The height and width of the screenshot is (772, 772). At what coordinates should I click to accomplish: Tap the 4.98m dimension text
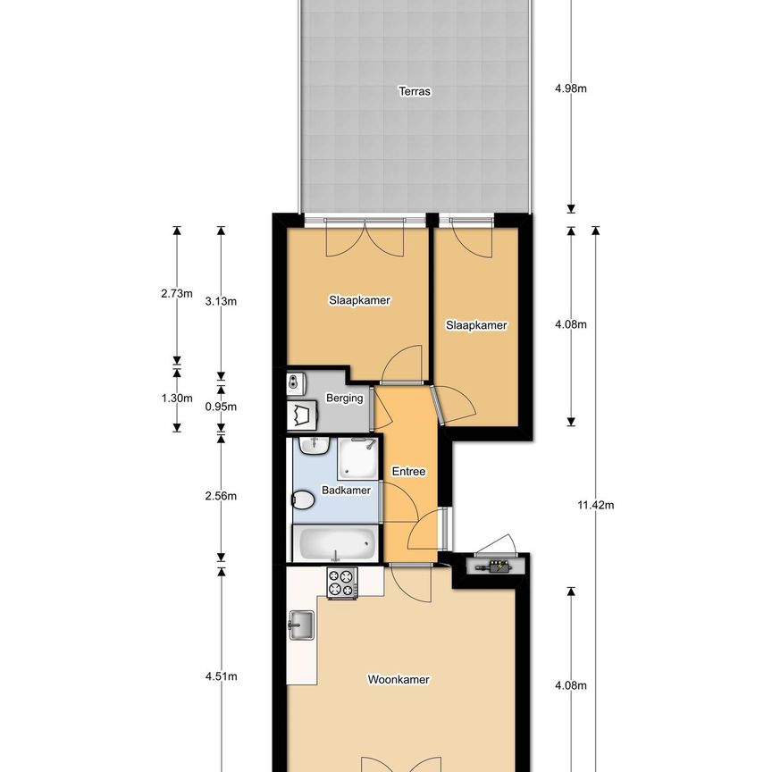tap(570, 88)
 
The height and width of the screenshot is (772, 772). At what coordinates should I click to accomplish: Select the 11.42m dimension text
tap(596, 505)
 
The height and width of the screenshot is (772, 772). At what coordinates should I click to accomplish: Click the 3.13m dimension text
tap(221, 301)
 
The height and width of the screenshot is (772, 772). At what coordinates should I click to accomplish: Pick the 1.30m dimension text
tap(176, 399)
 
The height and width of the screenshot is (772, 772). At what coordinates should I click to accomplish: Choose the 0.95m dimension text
tap(221, 407)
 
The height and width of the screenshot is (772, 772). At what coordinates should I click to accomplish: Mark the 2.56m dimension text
tap(221, 496)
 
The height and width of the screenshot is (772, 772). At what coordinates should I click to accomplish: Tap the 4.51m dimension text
tap(221, 676)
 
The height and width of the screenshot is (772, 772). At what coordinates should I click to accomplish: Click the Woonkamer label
tap(399, 680)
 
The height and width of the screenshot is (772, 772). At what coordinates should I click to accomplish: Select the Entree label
tap(409, 472)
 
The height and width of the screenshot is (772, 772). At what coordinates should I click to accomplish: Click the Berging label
tap(345, 399)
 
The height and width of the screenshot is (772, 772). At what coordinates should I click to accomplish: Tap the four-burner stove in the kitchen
tap(342, 583)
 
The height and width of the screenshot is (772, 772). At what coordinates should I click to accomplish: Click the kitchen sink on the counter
tap(301, 625)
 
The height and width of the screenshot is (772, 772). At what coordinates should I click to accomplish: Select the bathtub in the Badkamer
tap(334, 543)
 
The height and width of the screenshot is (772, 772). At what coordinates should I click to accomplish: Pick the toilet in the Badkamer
tap(304, 499)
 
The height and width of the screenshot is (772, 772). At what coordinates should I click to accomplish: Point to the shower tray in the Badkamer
tap(357, 457)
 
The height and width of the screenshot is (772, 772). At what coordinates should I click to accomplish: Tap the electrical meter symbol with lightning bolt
tap(494, 566)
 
